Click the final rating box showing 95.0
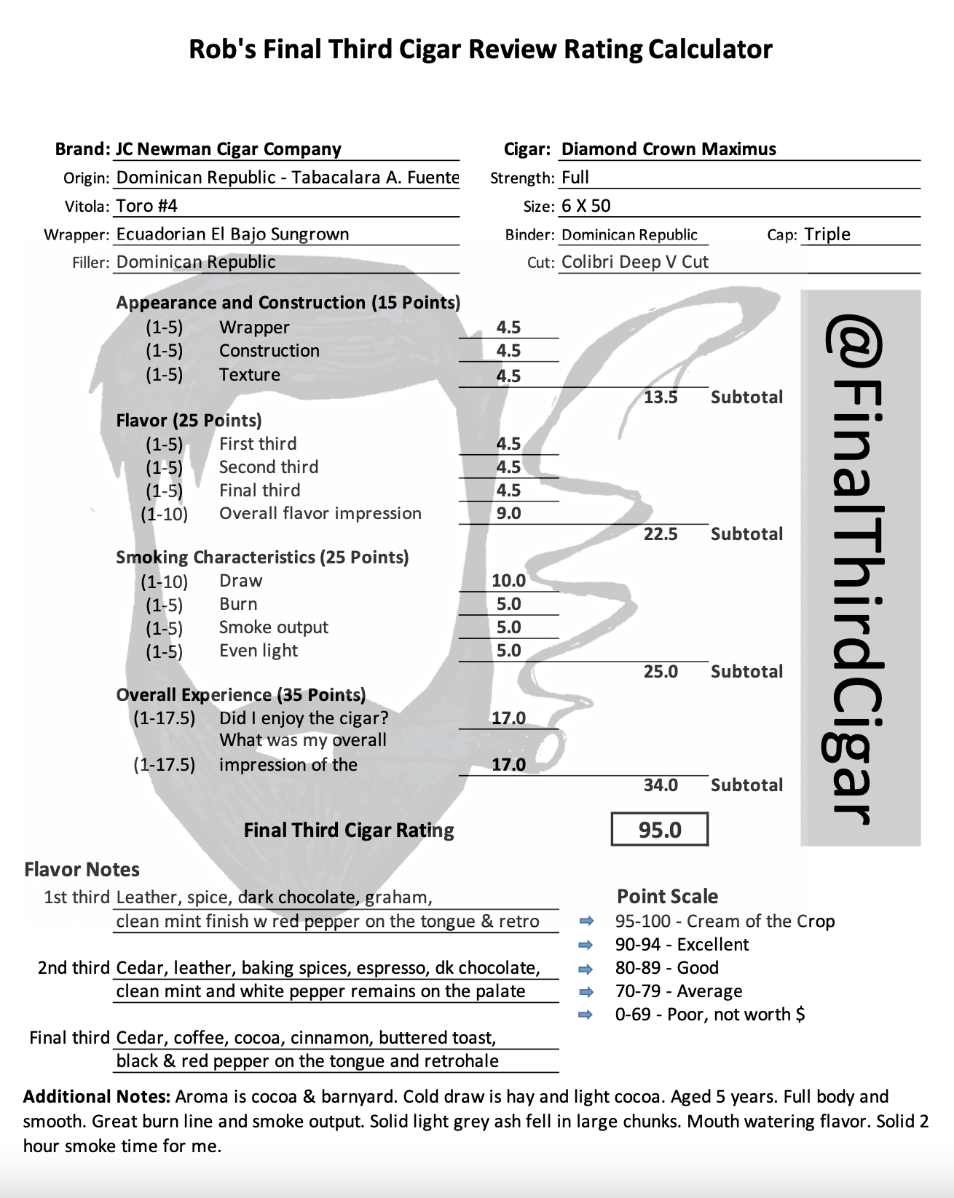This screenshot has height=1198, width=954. coord(660,830)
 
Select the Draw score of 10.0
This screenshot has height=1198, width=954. coord(508,581)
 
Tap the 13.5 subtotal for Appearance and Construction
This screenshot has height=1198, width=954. coord(661,397)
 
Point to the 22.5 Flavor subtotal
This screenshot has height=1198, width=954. coord(661,534)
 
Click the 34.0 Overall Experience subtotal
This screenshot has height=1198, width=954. coord(661,785)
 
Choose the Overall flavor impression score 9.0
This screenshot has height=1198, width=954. coord(508,514)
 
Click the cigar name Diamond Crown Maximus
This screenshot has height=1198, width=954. coord(669,149)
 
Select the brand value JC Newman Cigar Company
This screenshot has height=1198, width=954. coord(229,149)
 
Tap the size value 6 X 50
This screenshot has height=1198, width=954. coord(586,206)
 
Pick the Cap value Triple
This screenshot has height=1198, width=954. coord(827,234)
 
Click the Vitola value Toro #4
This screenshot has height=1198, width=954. coord(147,206)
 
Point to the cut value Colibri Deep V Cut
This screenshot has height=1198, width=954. coord(635,262)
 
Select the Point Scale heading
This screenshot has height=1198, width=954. coord(667,897)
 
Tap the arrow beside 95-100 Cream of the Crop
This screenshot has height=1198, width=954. coord(586,921)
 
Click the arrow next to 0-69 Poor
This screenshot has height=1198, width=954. coord(586,1015)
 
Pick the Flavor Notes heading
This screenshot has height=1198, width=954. coord(82,870)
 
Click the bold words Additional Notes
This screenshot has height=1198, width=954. coord(97,1097)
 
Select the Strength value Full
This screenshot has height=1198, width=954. coord(575,178)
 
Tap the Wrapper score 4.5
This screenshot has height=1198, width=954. coord(508,328)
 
